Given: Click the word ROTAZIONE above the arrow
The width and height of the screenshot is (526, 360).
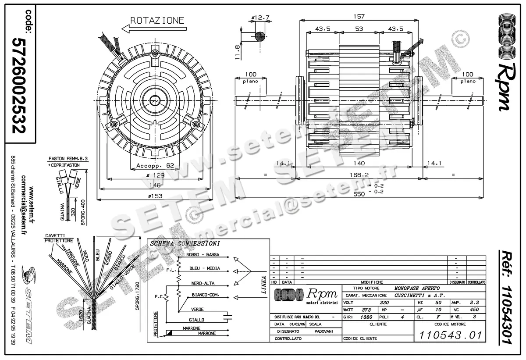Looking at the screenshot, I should [157, 20].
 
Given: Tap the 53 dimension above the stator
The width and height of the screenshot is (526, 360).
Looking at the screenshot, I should [359, 29].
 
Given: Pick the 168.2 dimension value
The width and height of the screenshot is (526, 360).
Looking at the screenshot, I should [359, 175].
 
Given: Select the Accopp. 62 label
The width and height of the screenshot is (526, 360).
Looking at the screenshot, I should [155, 166].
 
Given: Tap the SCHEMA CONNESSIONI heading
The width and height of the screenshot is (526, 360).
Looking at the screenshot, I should [185, 244].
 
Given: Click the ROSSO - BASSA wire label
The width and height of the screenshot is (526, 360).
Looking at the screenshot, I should [203, 255].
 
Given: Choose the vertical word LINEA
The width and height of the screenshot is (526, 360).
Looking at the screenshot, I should [263, 285].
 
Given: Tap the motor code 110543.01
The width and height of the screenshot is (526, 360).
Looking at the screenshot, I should [450, 336].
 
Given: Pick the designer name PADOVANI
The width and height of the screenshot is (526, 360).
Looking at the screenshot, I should [324, 331].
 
